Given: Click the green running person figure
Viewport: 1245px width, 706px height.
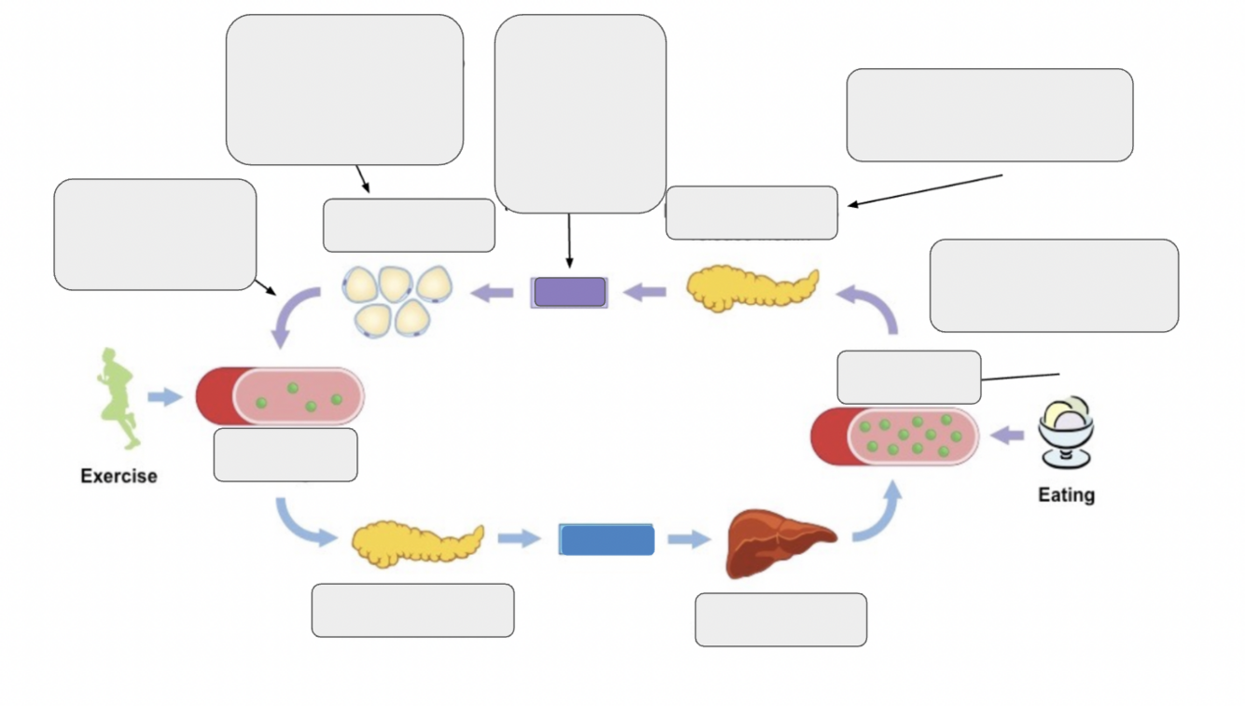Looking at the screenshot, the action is [x=118, y=397].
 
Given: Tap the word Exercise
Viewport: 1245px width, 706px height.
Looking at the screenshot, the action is [x=119, y=476].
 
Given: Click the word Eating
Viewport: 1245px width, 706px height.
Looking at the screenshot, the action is [x=1067, y=495].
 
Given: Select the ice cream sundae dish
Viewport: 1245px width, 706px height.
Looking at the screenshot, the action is [x=1066, y=432].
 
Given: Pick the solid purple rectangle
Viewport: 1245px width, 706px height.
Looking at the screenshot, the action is [x=569, y=292].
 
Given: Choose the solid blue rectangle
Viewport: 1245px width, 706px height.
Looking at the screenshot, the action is [x=607, y=539].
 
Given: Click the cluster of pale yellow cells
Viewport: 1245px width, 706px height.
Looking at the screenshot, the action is [x=397, y=300].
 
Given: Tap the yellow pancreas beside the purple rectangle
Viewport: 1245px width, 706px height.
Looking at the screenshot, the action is [x=752, y=288].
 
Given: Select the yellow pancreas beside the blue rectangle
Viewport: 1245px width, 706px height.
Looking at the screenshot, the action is [x=418, y=545].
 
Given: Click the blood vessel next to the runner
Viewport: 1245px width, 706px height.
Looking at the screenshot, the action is [x=280, y=396].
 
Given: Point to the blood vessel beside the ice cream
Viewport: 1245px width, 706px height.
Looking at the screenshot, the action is [x=895, y=436].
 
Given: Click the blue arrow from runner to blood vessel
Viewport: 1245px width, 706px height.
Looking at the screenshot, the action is [x=165, y=396].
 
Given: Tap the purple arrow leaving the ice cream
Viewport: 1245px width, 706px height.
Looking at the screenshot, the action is [x=1007, y=436].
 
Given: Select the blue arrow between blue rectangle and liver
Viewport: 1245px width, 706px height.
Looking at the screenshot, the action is [x=689, y=539].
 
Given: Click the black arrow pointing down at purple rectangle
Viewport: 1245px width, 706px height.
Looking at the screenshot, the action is [x=569, y=241].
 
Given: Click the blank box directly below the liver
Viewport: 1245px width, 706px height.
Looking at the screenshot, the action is [x=781, y=619].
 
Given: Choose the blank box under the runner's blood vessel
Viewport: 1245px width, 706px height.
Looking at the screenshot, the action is [x=286, y=455].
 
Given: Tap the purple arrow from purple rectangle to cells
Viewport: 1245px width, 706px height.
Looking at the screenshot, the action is [x=493, y=292].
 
